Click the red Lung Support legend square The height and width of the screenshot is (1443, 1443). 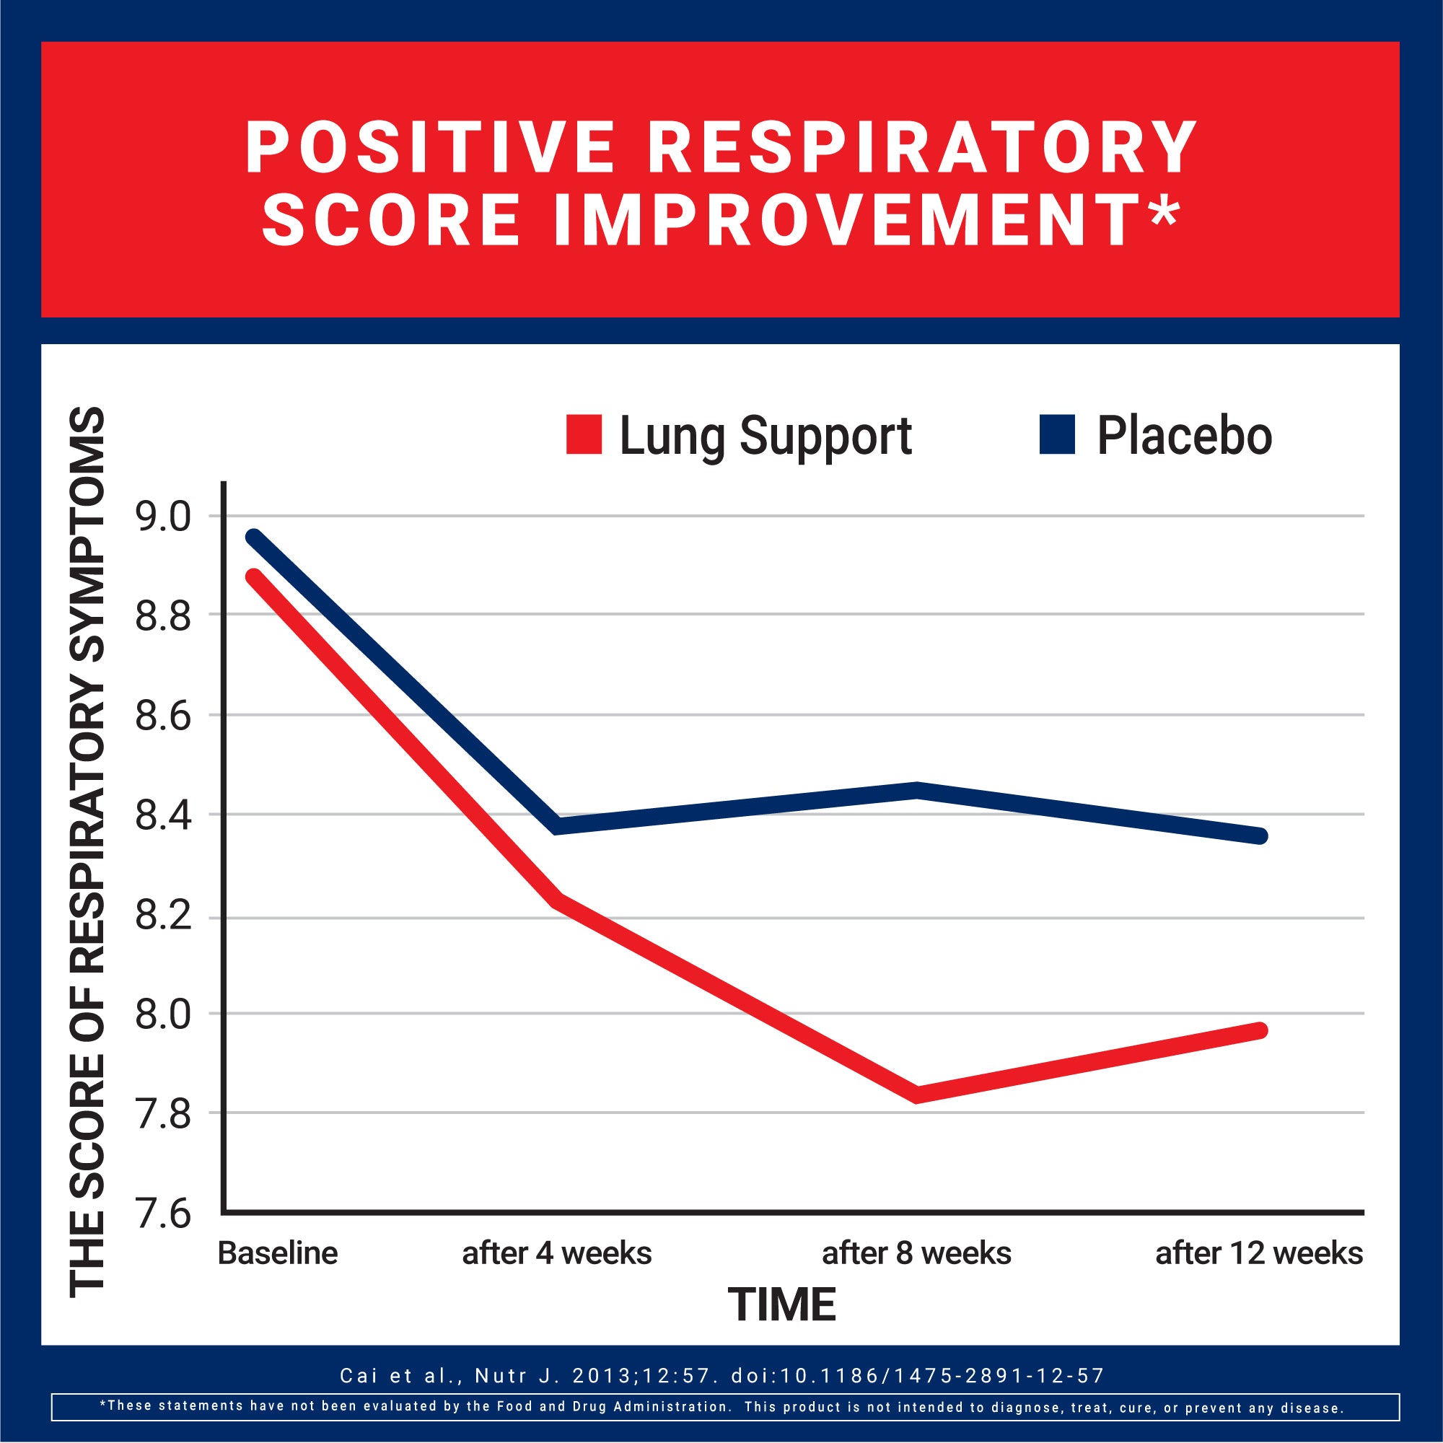(x=583, y=434)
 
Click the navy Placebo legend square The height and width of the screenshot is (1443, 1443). (x=1057, y=434)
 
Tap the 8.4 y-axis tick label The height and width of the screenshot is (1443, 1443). (x=163, y=815)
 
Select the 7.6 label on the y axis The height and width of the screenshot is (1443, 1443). (x=163, y=1214)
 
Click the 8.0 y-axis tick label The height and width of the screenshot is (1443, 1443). (x=163, y=1015)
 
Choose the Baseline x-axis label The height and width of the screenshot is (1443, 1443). (x=277, y=1253)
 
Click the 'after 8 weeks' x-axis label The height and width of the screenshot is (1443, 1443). (x=916, y=1253)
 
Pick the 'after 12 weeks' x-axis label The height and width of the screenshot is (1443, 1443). (x=1258, y=1253)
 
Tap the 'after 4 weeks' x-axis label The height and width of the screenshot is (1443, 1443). (x=556, y=1253)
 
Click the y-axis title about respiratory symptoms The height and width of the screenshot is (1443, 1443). (x=87, y=851)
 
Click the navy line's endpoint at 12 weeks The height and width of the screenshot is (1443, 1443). (x=1260, y=835)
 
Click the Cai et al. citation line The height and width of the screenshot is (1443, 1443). (x=721, y=1375)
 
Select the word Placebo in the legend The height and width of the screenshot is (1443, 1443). (x=1184, y=437)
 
